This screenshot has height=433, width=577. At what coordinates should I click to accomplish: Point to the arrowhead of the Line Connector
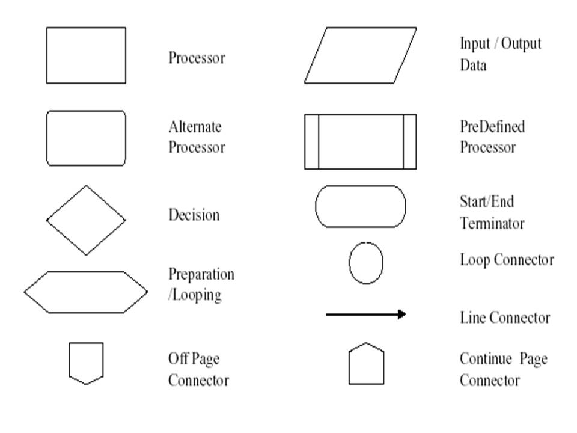pyautogui.click(x=403, y=314)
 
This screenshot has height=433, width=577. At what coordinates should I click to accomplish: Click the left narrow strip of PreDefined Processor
pyautogui.click(x=312, y=142)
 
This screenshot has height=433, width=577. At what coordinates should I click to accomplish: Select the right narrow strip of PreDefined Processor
pyautogui.click(x=410, y=142)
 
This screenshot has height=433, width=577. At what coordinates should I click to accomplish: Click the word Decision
pyautogui.click(x=194, y=215)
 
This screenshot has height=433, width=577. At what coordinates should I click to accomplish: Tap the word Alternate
pyautogui.click(x=195, y=127)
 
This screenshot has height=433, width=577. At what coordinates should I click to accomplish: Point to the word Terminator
pyautogui.click(x=492, y=224)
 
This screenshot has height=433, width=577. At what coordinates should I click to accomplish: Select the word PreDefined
pyautogui.click(x=492, y=127)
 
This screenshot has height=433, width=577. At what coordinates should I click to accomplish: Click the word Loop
pyautogui.click(x=475, y=260)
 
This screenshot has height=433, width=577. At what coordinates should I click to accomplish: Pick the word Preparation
pyautogui.click(x=201, y=275)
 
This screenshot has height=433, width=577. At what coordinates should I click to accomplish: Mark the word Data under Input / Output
pyautogui.click(x=473, y=65)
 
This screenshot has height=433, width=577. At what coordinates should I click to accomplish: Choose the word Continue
pyautogui.click(x=486, y=358)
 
